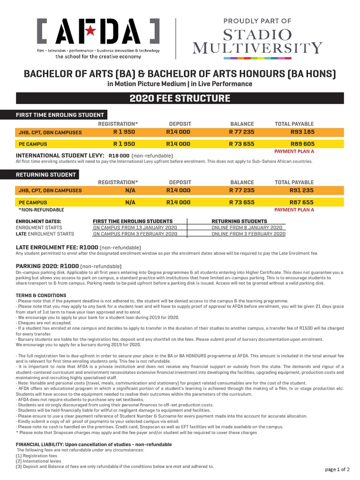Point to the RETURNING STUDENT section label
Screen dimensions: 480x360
point(46,174)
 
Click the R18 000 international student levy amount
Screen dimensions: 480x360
point(119,156)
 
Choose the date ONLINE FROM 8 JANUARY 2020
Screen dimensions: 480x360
point(248,227)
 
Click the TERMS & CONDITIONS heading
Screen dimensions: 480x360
point(41,295)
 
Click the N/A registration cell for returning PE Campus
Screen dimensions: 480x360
point(130,202)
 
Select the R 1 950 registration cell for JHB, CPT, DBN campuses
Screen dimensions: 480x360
point(124,132)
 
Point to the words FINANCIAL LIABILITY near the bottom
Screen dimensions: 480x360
point(41,444)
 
